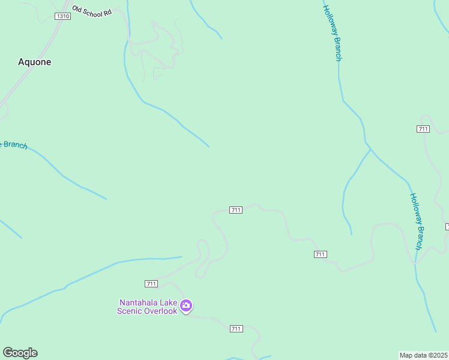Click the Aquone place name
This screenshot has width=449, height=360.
pyautogui.click(x=34, y=62)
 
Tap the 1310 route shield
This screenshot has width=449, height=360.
pyautogui.click(x=62, y=16)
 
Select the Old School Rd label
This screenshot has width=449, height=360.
pyautogui.click(x=92, y=11)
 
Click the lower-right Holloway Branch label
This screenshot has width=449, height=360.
pyautogui.click(x=417, y=221)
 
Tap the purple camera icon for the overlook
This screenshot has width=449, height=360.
pyautogui.click(x=186, y=306)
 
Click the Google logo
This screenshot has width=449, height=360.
pyautogui.click(x=20, y=353)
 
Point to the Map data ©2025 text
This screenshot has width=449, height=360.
pyautogui.click(x=424, y=355)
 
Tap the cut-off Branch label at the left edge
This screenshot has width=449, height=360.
pyautogui.click(x=13, y=145)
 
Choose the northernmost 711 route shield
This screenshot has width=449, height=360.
pyautogui.click(x=423, y=129)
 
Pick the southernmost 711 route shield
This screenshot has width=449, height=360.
pyautogui.click(x=236, y=328)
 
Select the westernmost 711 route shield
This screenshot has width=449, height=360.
pyautogui.click(x=151, y=283)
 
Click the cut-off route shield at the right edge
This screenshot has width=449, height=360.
pyautogui.click(x=447, y=226)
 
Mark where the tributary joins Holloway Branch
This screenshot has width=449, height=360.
pyautogui.click(x=370, y=149)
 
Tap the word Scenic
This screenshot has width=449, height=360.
pyautogui.click(x=132, y=311)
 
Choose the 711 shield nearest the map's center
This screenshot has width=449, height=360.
pyautogui.click(x=235, y=210)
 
